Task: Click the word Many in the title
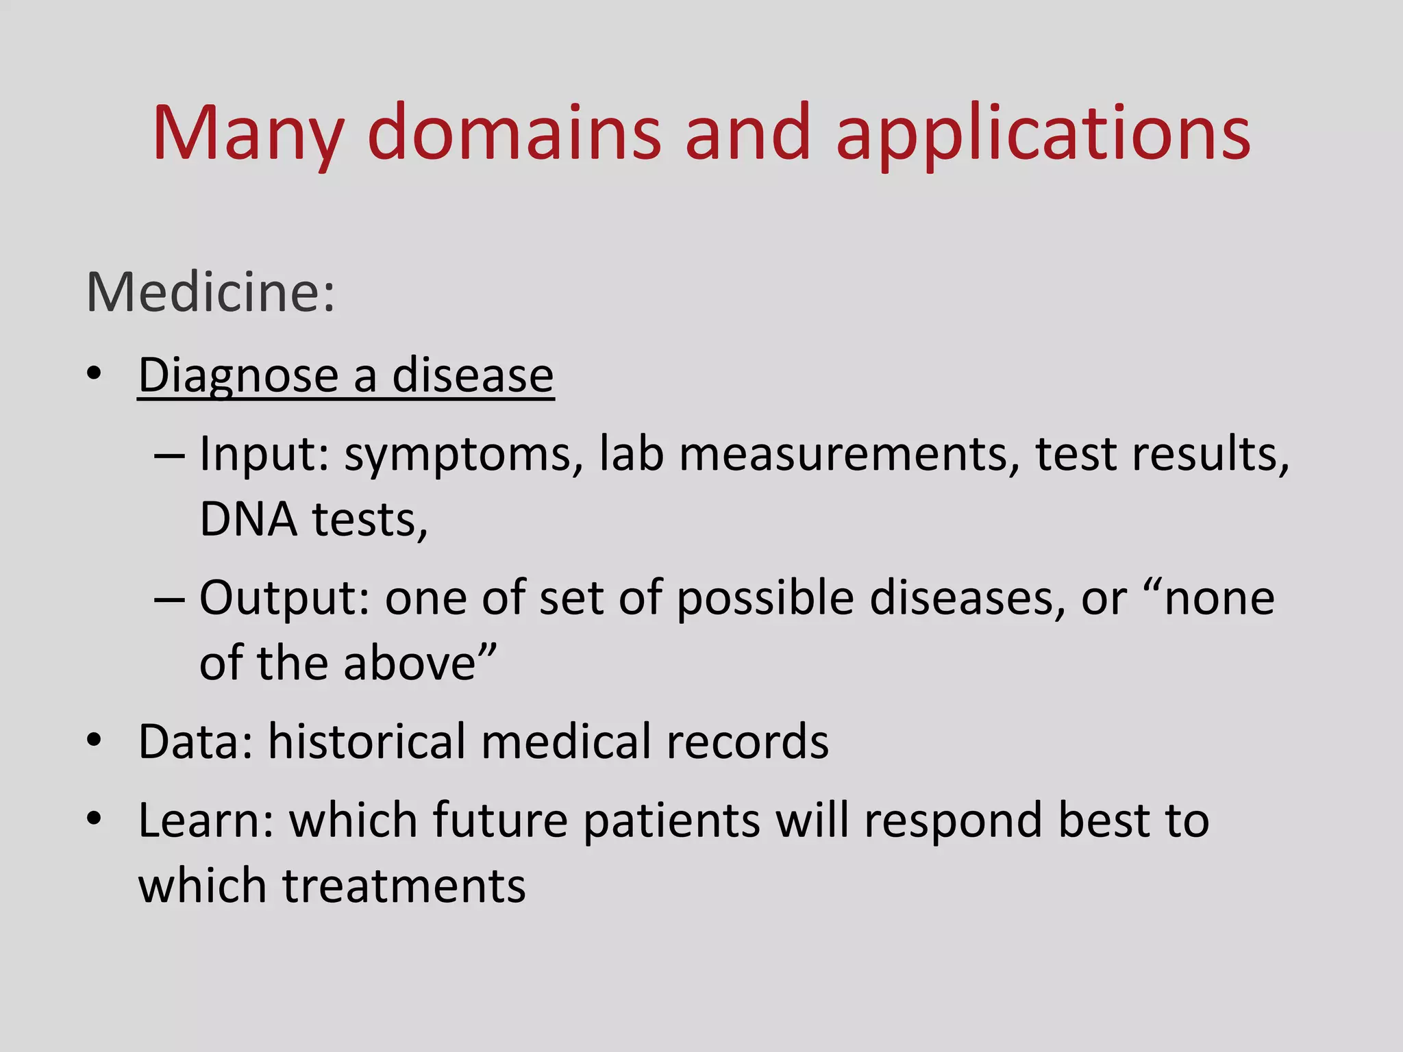pyautogui.click(x=247, y=134)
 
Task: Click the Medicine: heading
pyautogui.click(x=211, y=292)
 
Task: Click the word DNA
pyautogui.click(x=248, y=519)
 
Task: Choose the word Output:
pyautogui.click(x=285, y=598)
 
